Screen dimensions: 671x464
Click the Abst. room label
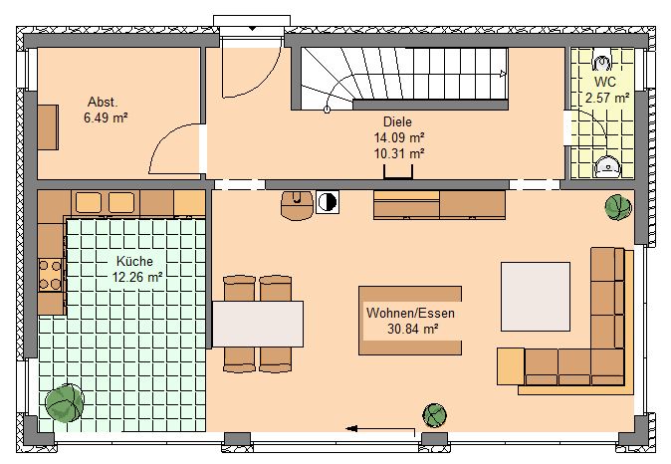[103, 102]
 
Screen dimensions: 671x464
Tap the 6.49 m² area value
[106, 117]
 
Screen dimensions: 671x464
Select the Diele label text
[397, 122]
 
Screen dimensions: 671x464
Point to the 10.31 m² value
[399, 153]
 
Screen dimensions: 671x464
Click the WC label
[605, 82]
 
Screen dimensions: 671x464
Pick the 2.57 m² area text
[607, 98]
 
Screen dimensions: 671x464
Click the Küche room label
[134, 261]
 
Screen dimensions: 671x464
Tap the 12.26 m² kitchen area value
[137, 277]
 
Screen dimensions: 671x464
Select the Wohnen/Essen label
[410, 313]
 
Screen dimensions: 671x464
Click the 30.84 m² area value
[412, 329]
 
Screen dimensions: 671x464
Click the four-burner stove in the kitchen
[51, 275]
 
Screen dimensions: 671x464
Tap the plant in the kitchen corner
[65, 403]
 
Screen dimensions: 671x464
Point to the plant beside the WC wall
[618, 207]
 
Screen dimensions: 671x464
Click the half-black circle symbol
[328, 202]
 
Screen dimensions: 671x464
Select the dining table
[258, 324]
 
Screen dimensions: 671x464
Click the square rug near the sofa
[536, 297]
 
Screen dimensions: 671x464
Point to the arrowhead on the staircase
[504, 74]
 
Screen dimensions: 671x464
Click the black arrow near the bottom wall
[380, 429]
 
